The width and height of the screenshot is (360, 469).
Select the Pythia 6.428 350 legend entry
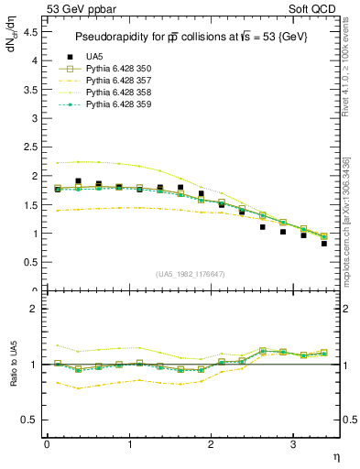point(115,70)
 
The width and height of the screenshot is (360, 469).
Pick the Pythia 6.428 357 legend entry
point(115,82)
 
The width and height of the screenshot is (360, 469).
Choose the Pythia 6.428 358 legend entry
point(115,93)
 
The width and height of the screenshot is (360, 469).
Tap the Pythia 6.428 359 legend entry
point(115,105)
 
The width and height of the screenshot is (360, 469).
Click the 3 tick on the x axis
point(292,444)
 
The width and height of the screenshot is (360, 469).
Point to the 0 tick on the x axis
point(47,444)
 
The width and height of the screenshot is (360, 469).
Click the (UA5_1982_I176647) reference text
point(191,274)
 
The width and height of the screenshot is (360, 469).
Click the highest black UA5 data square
point(78,181)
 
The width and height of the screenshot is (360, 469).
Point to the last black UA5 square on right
point(324,244)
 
